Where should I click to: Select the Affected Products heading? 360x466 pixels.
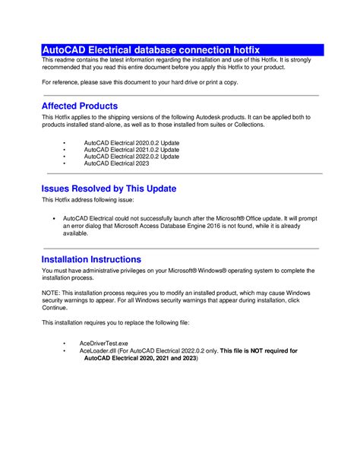click(x=80, y=106)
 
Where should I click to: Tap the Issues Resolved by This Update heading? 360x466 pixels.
click(x=109, y=188)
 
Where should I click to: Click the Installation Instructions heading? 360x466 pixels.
click(x=91, y=259)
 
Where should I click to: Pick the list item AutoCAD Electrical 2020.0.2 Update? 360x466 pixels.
click(x=131, y=143)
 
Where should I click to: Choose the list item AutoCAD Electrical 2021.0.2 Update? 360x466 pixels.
click(x=131, y=150)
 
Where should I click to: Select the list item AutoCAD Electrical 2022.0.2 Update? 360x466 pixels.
click(x=131, y=157)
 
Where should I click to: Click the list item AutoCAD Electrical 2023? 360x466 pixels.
click(x=117, y=163)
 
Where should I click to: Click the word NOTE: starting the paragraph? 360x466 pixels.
click(x=51, y=293)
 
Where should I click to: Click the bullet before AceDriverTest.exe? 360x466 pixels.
click(x=65, y=344)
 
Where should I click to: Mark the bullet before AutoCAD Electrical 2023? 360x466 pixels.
click(x=65, y=163)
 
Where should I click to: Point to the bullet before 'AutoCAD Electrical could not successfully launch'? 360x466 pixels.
click(x=55, y=218)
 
